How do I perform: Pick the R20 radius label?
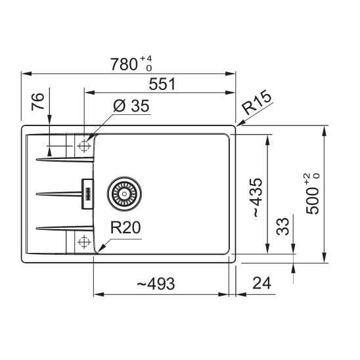click(125, 229)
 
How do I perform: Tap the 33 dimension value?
click(281, 227)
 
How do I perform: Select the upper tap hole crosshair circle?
click(83, 146)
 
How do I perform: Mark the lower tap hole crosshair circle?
click(83, 242)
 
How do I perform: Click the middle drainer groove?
click(59, 193)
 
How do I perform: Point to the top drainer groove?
click(59, 158)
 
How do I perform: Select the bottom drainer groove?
click(59, 229)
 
